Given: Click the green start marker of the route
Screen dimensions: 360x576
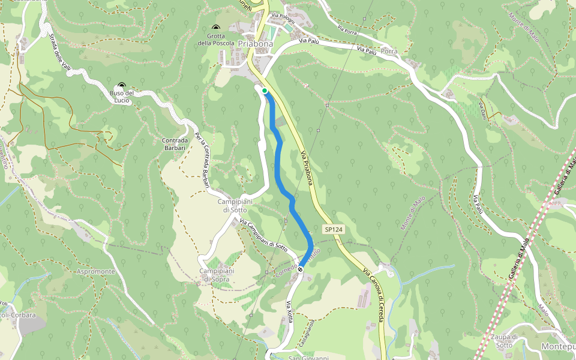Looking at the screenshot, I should pos(264,91).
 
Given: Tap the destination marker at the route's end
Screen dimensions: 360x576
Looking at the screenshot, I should pos(300,269).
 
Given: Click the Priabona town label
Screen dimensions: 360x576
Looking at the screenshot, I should pos(256,44).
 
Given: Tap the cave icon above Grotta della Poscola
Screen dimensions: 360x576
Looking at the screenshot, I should pos(216,28).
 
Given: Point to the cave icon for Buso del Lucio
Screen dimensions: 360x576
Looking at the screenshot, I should pos(122,86).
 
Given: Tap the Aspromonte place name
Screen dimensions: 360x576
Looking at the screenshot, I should pos(96,271).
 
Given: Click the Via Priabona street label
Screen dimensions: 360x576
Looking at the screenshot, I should pos(306,167).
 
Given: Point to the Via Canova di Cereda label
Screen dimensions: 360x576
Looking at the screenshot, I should pos(373,294).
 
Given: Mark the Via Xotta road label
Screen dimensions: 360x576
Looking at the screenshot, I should pos(290,312).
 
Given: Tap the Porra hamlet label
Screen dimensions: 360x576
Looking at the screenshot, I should pos(389,52).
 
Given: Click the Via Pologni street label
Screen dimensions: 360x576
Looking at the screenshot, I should pos(283,16).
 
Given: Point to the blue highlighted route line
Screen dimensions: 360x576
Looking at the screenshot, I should pos(278,162).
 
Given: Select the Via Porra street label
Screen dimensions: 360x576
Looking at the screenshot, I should pos(348,28).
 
